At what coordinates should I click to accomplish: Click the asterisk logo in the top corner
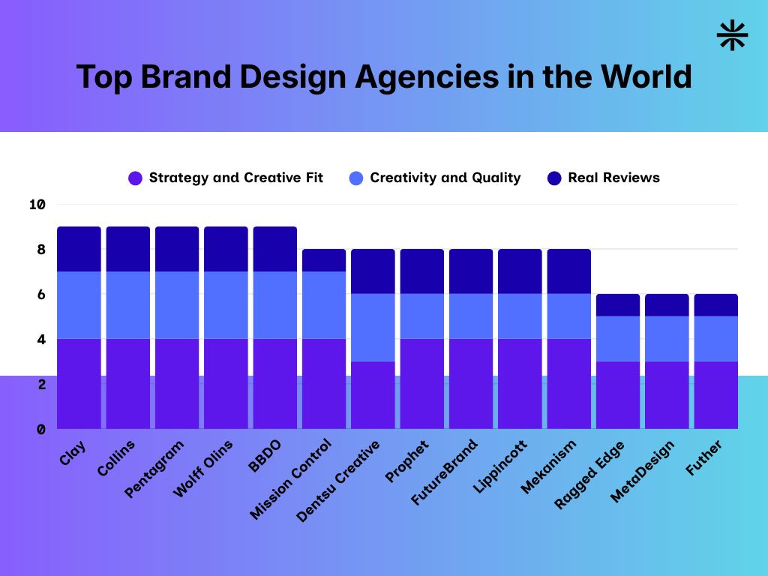point(732,36)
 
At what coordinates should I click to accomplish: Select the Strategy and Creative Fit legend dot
point(135,178)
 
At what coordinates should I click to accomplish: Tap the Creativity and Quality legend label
point(445,178)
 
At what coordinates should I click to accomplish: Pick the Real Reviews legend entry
point(613,178)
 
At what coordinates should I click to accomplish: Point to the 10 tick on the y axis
point(37,204)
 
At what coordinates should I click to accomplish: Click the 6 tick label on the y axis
point(40,294)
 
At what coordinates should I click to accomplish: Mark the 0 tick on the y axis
point(40,429)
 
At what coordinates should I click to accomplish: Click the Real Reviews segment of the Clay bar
point(79,249)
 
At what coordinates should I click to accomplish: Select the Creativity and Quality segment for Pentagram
point(177,305)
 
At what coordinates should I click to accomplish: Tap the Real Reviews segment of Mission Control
point(324,260)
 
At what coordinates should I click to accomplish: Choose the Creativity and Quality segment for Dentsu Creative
point(373,328)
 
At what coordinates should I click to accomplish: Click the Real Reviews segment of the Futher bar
point(715,305)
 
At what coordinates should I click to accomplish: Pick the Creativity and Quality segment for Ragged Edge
point(618,339)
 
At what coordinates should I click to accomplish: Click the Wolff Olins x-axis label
point(203,468)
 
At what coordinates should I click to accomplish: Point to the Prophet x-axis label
point(407,462)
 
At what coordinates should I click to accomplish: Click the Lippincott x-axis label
point(500,466)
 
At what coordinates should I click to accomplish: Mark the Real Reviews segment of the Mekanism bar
point(568,271)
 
